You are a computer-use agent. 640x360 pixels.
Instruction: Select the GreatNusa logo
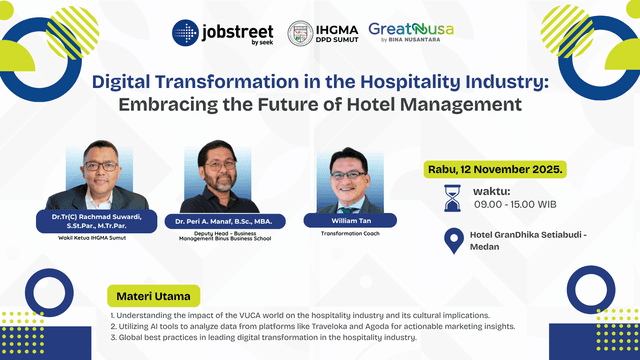411,31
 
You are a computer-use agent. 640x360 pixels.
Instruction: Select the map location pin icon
452,241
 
